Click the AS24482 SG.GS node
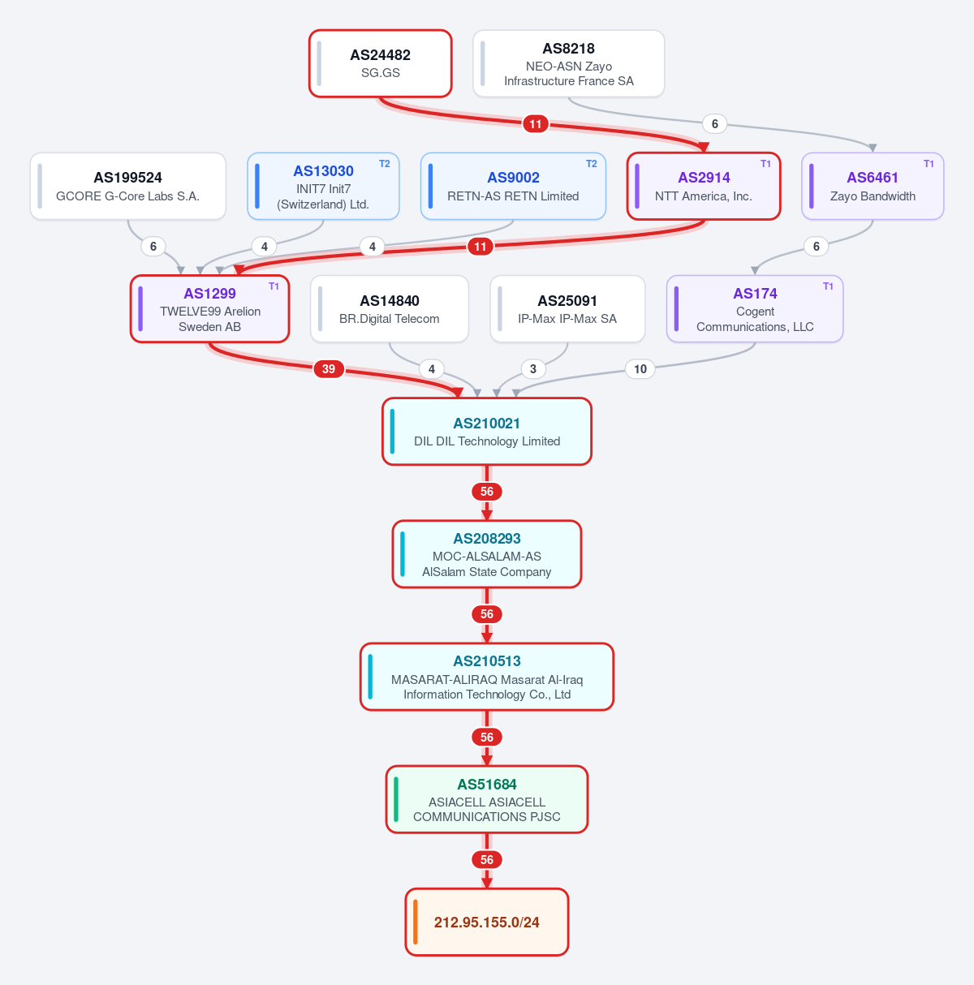[380, 63]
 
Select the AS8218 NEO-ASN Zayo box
[568, 63]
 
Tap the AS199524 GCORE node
[128, 186]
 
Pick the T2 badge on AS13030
[384, 164]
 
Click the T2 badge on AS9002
[592, 164]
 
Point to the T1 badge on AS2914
[765, 164]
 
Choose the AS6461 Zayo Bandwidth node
[873, 186]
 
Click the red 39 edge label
[329, 368]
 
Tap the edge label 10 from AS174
[640, 369]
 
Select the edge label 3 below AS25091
[533, 369]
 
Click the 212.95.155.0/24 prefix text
[486, 923]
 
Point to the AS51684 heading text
[487, 784]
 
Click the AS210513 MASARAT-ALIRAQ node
[487, 677]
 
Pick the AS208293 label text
[487, 538]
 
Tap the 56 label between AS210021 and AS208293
[487, 491]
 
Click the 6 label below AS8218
[714, 123]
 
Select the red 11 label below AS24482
[536, 123]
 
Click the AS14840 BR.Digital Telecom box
[390, 309]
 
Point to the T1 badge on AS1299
[274, 286]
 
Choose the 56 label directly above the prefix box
[487, 860]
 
